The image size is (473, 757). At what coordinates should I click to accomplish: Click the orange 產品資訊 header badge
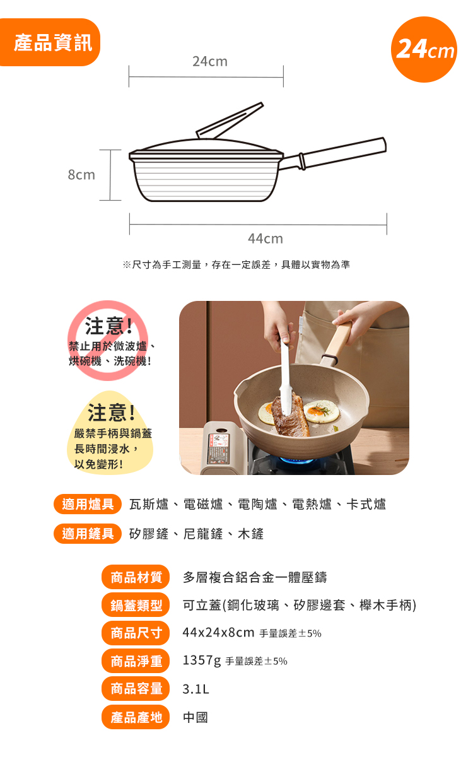50,42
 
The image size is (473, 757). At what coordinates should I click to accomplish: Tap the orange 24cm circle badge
424,49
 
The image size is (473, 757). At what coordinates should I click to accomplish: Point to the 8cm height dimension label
81,175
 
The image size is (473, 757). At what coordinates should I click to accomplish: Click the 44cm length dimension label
266,238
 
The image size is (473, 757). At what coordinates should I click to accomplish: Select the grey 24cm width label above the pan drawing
210,62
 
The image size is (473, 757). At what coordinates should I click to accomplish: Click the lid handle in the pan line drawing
230,120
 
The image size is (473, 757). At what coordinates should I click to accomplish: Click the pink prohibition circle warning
108,341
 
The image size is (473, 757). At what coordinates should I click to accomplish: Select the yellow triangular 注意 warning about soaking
110,433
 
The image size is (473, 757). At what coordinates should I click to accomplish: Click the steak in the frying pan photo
291,416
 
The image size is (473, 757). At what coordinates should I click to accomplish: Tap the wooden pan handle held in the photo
336,344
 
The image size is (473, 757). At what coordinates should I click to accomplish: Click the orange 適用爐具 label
88,504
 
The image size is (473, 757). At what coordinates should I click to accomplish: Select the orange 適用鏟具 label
88,534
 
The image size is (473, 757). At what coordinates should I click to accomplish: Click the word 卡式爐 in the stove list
366,504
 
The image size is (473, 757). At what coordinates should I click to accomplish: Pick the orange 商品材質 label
136,577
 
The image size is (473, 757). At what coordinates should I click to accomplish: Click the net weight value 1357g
202,660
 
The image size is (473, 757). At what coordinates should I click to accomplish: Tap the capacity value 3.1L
196,689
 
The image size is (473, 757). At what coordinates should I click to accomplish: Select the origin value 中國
196,717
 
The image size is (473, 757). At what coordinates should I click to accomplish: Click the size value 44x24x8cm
218,632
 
